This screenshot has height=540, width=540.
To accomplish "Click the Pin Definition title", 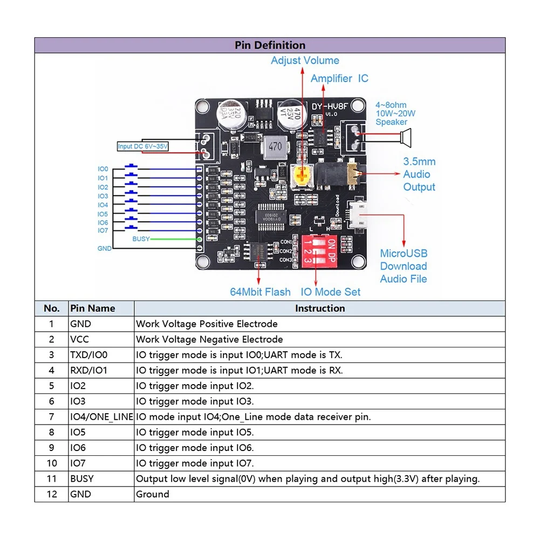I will click(x=270, y=45).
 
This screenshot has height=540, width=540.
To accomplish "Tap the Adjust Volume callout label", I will click(x=305, y=60).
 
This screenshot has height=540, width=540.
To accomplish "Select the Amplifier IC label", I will click(x=339, y=78).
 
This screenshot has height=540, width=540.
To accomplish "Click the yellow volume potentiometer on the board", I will click(x=304, y=175).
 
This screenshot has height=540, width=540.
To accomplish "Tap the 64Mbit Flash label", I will click(x=260, y=292).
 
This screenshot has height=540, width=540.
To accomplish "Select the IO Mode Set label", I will click(x=330, y=292).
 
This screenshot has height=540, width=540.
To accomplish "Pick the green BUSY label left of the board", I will click(x=141, y=238).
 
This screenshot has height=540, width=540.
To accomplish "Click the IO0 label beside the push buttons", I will click(x=102, y=169).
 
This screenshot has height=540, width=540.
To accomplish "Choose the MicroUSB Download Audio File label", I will click(x=404, y=266).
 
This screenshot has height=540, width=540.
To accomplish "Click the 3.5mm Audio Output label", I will click(x=419, y=174).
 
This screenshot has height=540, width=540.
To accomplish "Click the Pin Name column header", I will click(x=92, y=309).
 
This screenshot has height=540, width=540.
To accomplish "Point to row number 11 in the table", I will click(x=52, y=479).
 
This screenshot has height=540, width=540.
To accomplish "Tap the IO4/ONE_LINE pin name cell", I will click(x=101, y=416).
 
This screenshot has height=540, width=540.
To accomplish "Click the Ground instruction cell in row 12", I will click(x=153, y=494).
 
